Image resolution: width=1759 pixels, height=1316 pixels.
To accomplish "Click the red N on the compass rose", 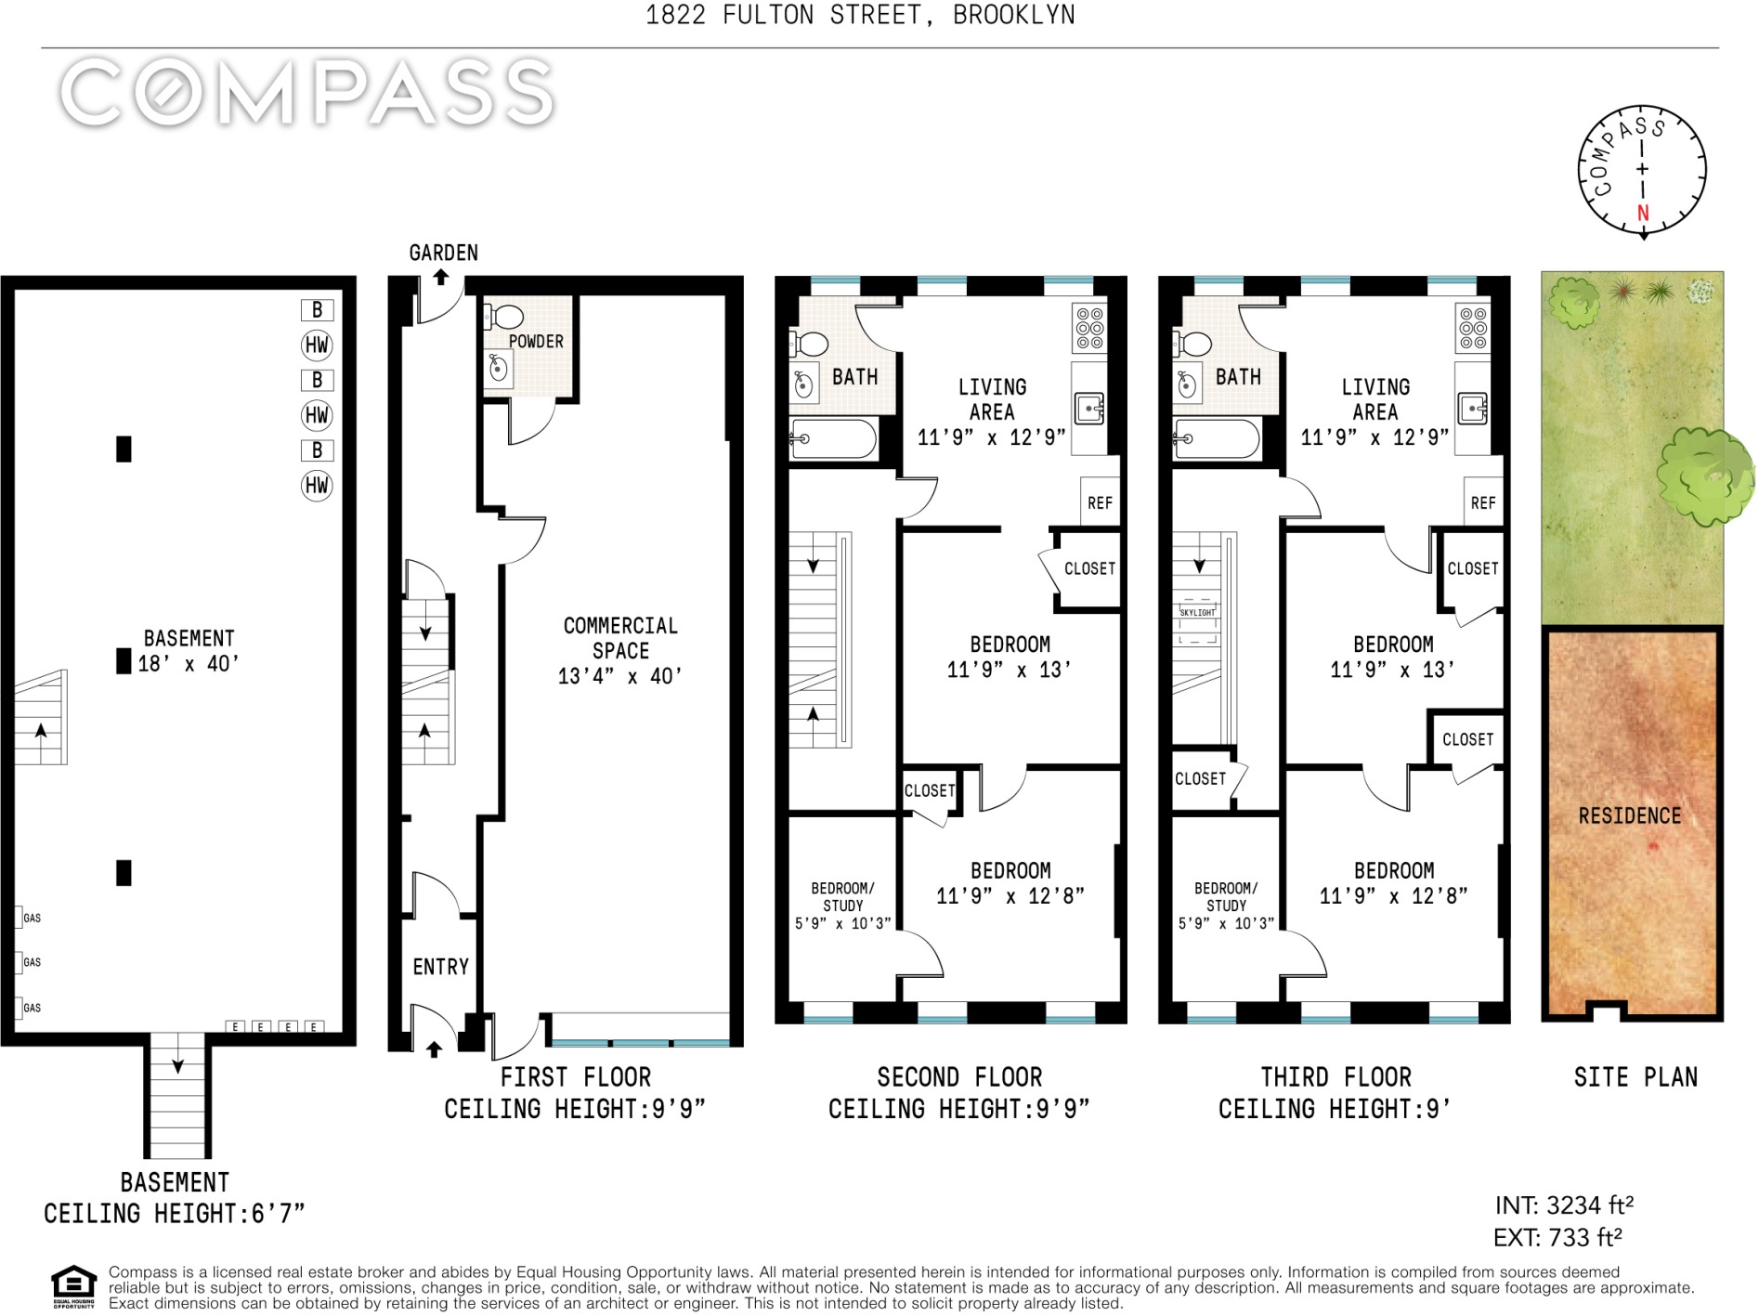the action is [x=1643, y=213].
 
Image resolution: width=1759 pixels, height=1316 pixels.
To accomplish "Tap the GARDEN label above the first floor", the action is [x=444, y=253].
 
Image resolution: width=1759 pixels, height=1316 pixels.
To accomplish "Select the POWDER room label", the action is [x=536, y=341].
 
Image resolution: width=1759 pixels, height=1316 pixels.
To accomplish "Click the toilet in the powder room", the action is [x=502, y=317].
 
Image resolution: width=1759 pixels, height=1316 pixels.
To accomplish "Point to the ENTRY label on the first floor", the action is [x=441, y=967].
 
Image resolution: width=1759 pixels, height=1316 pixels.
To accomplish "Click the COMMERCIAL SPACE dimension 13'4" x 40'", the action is [x=619, y=676].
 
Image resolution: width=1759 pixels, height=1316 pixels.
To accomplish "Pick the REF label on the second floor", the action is [x=1100, y=502].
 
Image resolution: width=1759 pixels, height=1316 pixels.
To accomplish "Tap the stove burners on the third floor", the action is [x=1473, y=329].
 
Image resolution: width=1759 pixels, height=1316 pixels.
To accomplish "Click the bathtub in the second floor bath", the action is [x=832, y=439].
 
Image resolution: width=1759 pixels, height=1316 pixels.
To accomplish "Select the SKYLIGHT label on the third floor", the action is [x=1197, y=613].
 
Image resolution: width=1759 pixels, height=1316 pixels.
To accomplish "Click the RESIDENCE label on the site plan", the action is [x=1630, y=815].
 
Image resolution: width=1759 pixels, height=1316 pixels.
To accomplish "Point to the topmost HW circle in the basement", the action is [x=317, y=345].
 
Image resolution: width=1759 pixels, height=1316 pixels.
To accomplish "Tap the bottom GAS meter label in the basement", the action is [x=33, y=1008].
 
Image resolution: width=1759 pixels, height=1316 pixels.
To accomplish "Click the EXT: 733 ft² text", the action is [x=1557, y=1237].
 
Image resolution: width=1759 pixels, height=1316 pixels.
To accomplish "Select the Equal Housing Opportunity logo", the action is [x=73, y=1286].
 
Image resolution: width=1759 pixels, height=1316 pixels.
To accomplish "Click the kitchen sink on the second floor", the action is [x=1088, y=409].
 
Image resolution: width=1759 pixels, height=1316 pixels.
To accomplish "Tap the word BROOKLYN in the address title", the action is [x=1014, y=15].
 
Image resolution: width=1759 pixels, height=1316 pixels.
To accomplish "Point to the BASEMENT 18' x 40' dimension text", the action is [x=189, y=663].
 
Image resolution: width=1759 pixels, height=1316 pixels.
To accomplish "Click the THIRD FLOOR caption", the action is [x=1336, y=1077].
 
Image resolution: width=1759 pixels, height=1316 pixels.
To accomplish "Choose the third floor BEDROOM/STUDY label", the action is [x=1226, y=896].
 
